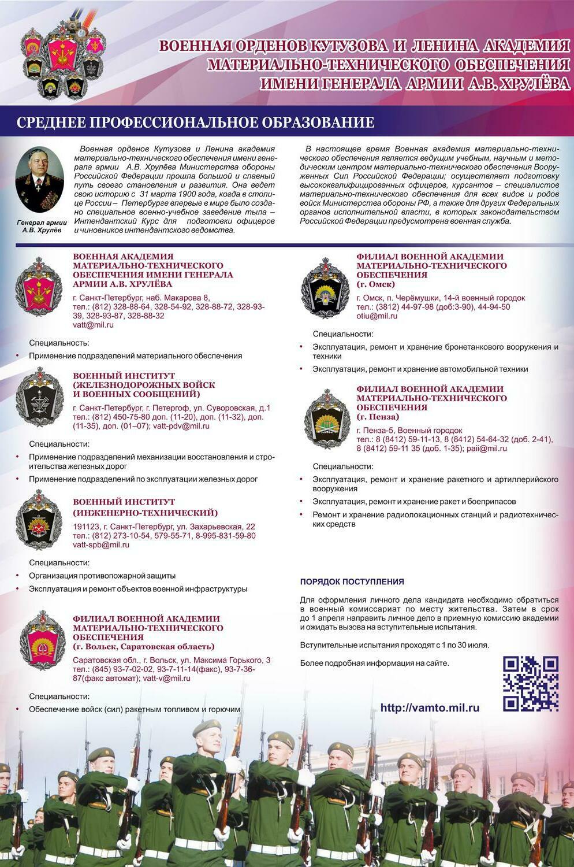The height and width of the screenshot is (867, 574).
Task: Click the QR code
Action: [531, 683]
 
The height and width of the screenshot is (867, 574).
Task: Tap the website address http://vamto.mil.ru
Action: [430, 707]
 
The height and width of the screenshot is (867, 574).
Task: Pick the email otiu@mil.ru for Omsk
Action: [377, 316]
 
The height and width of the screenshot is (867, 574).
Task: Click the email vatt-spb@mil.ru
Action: [101, 544]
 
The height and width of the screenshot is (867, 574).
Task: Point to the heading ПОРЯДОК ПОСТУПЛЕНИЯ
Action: [352, 581]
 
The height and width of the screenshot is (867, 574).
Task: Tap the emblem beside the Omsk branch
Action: [325, 286]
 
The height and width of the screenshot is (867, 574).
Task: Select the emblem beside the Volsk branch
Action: [42, 640]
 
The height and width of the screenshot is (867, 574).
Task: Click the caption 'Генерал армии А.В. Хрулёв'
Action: [42, 226]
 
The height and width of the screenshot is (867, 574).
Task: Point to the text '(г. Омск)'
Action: [375, 284]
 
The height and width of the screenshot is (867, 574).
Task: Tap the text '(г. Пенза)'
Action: [378, 417]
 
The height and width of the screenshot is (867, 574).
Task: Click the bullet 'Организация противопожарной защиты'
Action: [102, 576]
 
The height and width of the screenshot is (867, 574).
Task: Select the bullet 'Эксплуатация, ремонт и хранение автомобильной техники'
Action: [420, 369]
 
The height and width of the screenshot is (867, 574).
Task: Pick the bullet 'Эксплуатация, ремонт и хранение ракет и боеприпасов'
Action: [414, 502]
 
